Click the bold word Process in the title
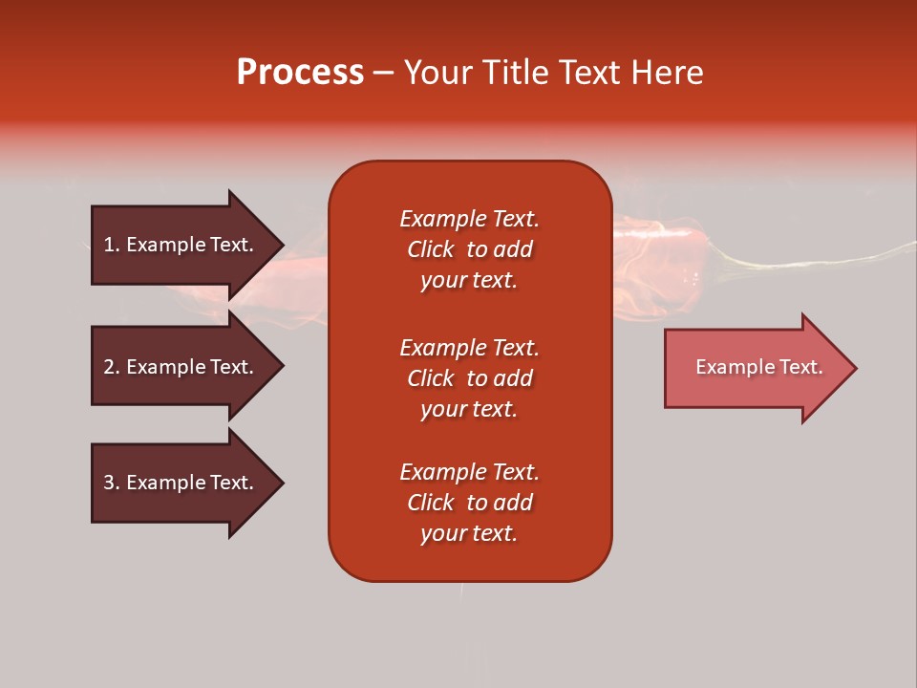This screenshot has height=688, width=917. coord(300,73)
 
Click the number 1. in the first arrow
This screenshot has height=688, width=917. coord(111,245)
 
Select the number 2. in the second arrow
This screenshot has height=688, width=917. coord(111,367)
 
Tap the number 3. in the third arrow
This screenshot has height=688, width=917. coord(111,483)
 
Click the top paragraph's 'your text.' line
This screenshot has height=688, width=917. coord(469,281)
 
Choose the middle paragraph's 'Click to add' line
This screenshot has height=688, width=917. coord(469,378)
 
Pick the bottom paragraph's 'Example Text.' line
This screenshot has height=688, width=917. coord(469,472)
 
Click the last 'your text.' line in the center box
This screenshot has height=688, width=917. coord(469,534)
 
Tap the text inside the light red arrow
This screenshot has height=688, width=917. coord(758,367)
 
